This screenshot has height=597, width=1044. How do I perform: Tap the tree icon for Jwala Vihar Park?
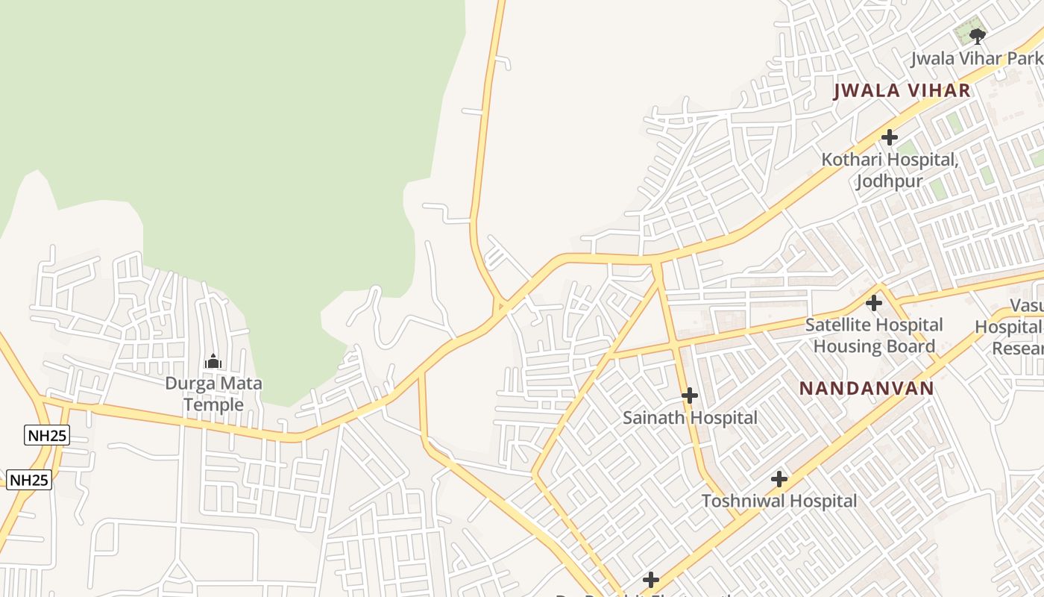click(978, 35)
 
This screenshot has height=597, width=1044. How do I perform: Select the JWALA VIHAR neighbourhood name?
click(902, 91)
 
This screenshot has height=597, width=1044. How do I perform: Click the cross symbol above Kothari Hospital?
click(889, 137)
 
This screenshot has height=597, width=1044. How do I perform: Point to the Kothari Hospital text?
click(889, 160)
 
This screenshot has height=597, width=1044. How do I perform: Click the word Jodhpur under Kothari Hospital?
click(889, 181)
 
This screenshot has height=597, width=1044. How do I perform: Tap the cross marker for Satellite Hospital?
click(873, 303)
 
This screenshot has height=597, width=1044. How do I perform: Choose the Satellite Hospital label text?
click(874, 325)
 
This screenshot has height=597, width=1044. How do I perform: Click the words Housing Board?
click(874, 346)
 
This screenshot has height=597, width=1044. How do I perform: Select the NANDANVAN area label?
click(867, 389)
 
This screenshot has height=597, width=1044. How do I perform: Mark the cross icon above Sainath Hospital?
click(690, 396)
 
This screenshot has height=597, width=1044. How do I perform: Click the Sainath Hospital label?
click(690, 418)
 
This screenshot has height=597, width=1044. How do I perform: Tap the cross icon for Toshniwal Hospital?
click(779, 479)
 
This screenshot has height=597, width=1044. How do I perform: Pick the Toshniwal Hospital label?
click(779, 501)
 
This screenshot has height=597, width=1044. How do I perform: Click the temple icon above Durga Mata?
click(213, 362)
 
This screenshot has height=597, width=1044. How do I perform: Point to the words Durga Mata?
click(213, 384)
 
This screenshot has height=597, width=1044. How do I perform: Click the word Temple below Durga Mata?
click(213, 405)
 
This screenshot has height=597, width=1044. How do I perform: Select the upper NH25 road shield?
click(47, 436)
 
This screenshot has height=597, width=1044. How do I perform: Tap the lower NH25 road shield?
click(29, 480)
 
